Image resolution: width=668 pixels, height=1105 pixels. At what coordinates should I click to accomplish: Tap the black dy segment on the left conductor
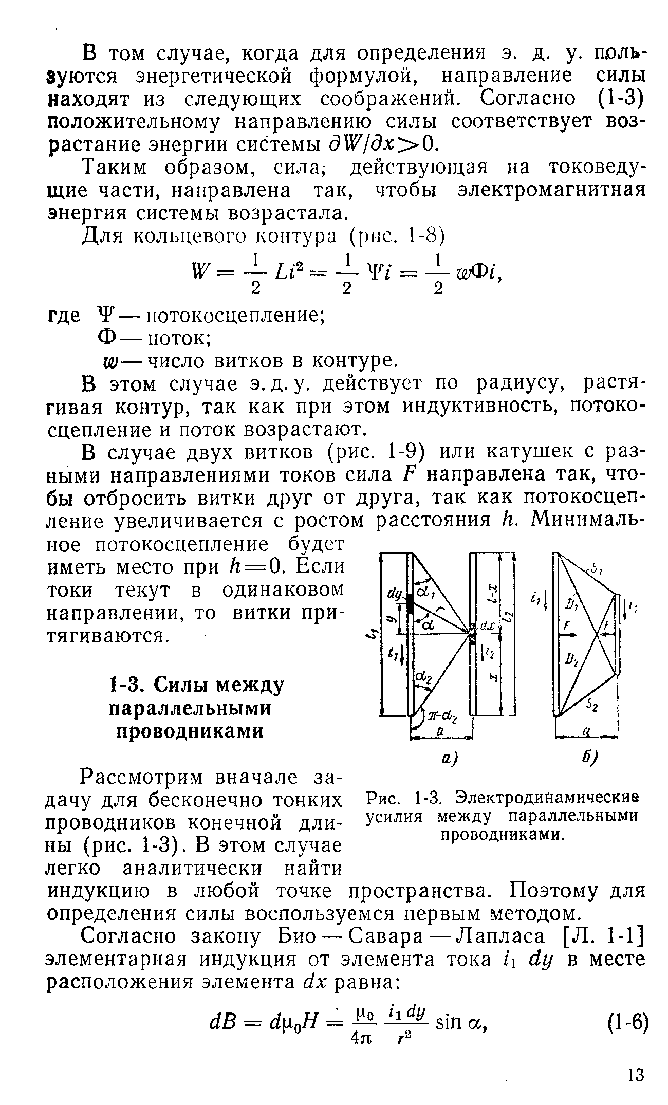click(x=410, y=604)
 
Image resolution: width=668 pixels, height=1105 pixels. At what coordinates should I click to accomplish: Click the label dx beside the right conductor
click(x=487, y=627)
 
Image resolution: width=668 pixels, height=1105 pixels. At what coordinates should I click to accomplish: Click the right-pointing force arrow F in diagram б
click(x=568, y=636)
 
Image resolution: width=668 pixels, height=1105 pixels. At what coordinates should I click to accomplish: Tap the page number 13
click(x=635, y=1075)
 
